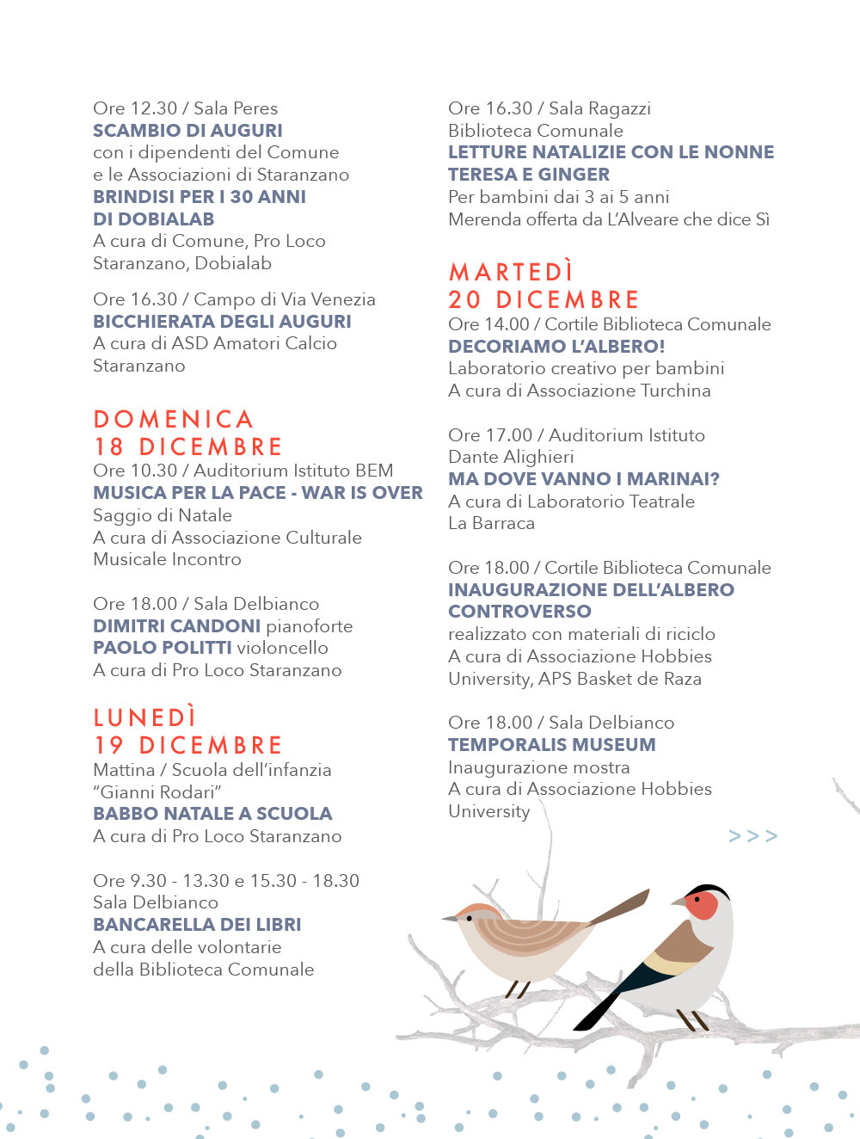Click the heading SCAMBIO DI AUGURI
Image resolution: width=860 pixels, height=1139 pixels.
coord(187,131)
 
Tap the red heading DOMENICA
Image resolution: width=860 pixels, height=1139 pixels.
coord(173,420)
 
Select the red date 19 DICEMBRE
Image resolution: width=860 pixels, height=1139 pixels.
coord(188,745)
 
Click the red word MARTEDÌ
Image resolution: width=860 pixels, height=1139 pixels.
coord(511,272)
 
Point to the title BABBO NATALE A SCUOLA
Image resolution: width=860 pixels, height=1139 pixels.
coord(212,814)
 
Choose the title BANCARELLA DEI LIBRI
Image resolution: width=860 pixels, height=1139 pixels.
coord(197,925)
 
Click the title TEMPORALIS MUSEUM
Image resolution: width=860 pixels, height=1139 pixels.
coord(551,745)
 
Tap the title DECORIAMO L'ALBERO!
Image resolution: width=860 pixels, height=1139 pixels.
coord(556,347)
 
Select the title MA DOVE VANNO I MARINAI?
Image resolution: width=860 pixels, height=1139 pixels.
coord(583,479)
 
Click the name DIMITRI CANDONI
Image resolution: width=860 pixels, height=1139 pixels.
coord(176,626)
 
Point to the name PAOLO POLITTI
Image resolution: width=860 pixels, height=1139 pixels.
coord(163,648)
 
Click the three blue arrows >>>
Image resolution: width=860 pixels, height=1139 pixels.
coord(752,836)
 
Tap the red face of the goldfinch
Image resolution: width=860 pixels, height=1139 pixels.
coord(703,906)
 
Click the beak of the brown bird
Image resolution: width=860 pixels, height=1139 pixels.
coord(449,919)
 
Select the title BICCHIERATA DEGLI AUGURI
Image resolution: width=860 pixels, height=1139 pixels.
coord(222,322)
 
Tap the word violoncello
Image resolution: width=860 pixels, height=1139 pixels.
coord(282,648)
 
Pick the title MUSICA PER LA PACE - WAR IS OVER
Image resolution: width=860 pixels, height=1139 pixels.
coord(258,493)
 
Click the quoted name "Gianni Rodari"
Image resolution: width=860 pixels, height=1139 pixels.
coord(157,792)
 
